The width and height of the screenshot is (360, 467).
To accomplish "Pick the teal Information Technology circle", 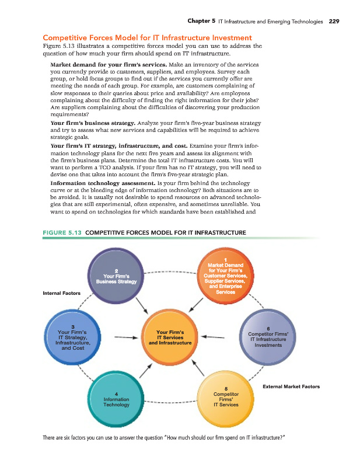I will [x=117, y=399].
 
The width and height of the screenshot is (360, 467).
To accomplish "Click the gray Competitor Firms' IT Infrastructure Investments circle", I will [x=267, y=337].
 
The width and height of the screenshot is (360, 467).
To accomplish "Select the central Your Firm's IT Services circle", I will [x=170, y=337].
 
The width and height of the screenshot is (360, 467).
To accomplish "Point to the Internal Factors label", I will [x=62, y=292].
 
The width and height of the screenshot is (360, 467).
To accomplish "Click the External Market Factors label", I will [x=291, y=386].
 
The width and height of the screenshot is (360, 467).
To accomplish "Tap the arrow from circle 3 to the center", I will [x=126, y=337].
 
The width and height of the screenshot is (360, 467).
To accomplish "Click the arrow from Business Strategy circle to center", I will [x=142, y=304].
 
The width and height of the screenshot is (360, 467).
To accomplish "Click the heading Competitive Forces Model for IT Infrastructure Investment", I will [x=148, y=38].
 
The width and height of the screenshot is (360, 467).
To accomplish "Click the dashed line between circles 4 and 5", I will [x=170, y=402].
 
